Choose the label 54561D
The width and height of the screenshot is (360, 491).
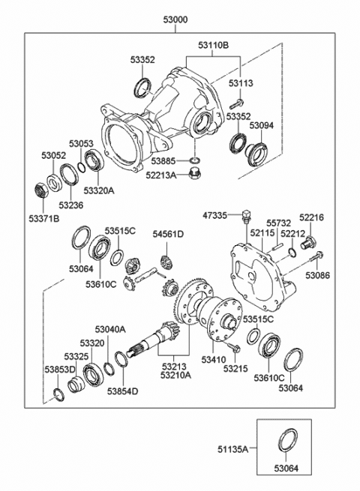[168, 235]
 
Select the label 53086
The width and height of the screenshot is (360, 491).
[316, 275]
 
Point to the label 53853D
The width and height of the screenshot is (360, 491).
[59, 370]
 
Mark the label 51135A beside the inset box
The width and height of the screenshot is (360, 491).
[232, 448]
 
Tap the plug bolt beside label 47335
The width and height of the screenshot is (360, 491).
[245, 218]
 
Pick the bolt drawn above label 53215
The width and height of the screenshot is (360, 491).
[233, 348]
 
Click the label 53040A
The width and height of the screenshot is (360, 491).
[110, 329]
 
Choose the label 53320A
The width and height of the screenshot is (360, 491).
[98, 190]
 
